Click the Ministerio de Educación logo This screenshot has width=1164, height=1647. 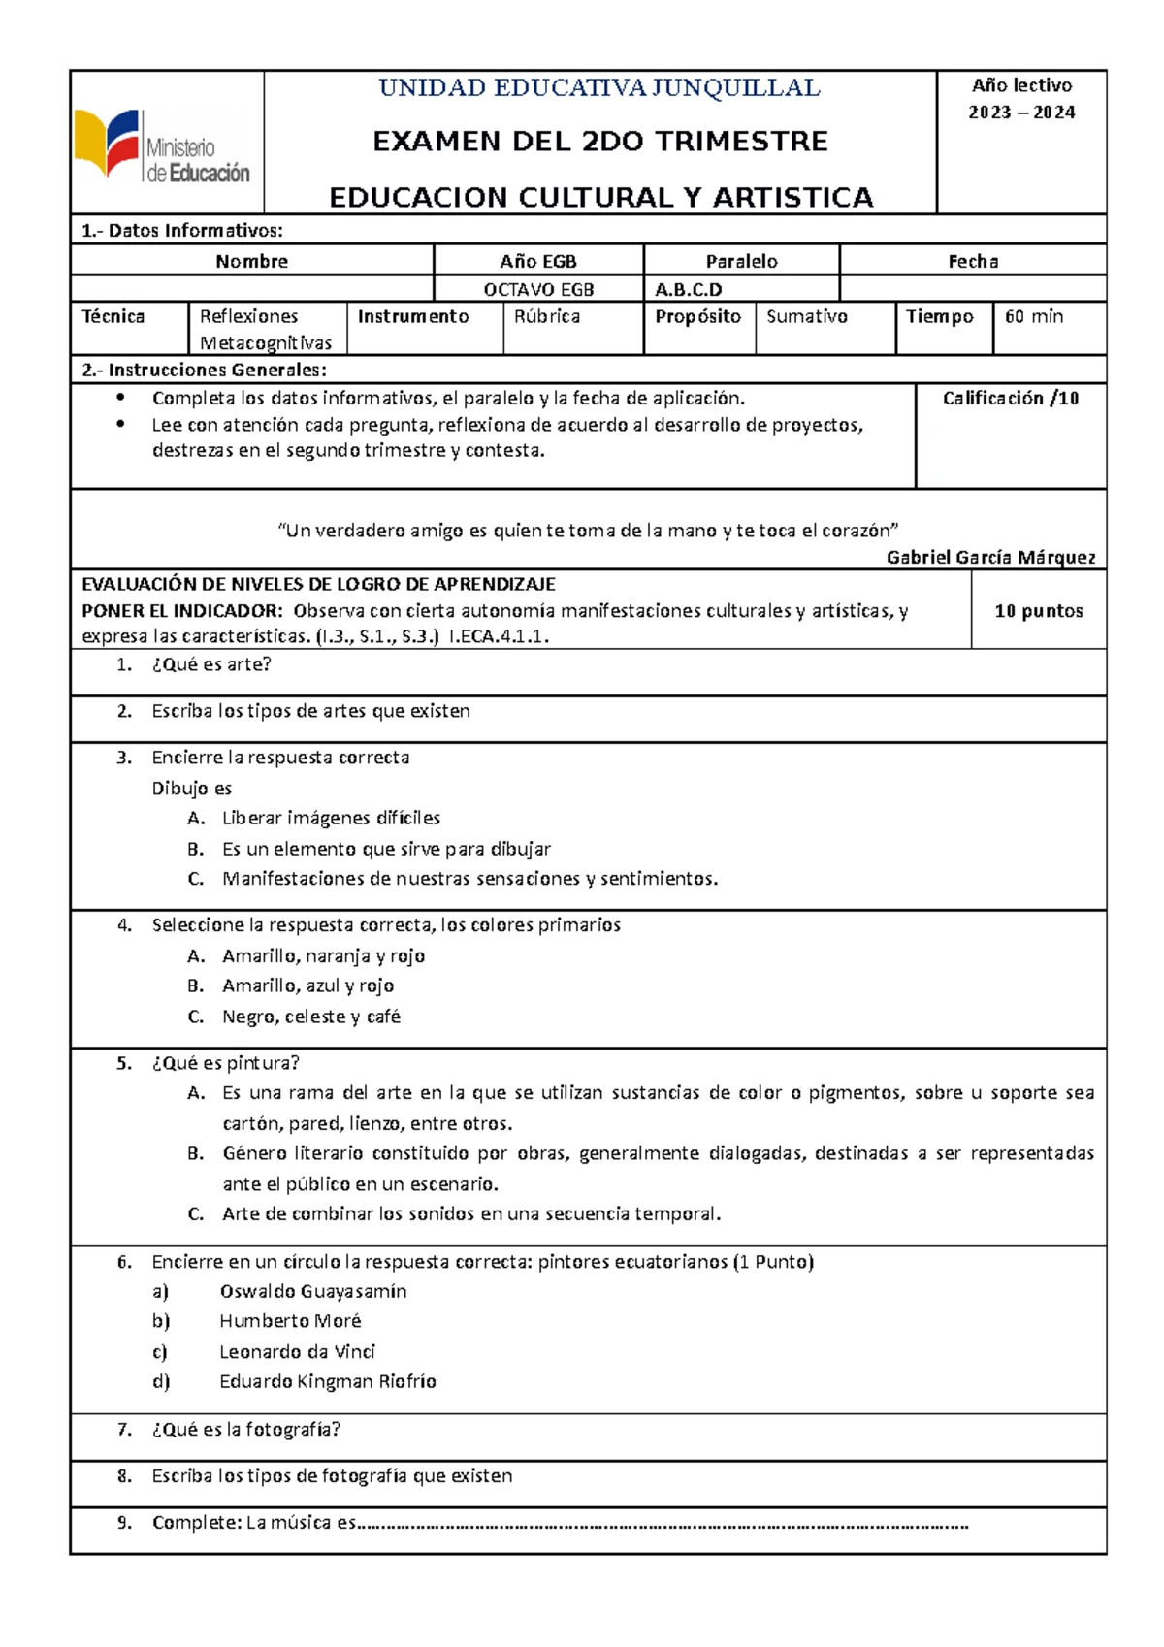pos(163,145)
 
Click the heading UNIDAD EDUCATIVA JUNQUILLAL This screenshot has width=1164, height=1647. pos(599,88)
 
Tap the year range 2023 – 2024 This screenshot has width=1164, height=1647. pos(1021,113)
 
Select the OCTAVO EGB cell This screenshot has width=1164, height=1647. pos(538,289)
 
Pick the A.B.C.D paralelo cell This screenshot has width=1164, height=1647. pos(689,289)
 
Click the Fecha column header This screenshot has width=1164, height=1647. pos(973,261)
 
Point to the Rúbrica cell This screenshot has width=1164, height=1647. pos(547,316)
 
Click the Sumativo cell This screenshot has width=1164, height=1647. pos(807,316)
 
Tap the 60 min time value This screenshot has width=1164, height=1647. pos(1034,316)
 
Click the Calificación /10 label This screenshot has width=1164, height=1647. pos(1011,398)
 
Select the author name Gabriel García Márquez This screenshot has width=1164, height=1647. pos(990,557)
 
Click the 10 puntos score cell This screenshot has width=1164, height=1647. pos(1039,610)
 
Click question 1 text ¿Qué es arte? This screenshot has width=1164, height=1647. pos(211,664)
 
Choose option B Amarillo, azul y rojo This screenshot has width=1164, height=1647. pos(307,985)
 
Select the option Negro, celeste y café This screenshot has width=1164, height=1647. pos(311,1017)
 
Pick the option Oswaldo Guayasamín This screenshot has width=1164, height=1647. pos(313,1291)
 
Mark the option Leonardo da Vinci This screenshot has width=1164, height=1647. pos(297,1351)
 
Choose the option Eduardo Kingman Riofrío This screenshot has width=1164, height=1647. pos(328,1381)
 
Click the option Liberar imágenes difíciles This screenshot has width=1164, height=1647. pos(331,818)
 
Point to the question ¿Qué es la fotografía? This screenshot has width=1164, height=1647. pos(245,1429)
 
